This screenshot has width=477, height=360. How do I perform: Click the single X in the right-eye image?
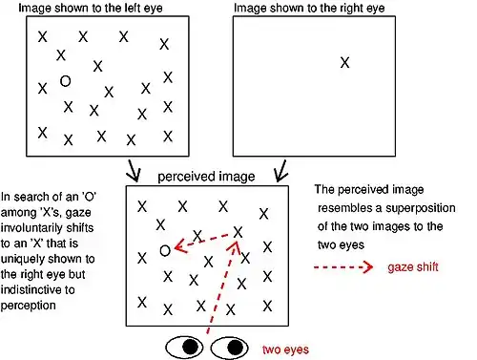[x=345, y=62]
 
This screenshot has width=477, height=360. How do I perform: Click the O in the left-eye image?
[x=65, y=82]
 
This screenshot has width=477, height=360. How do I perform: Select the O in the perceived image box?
[x=165, y=250]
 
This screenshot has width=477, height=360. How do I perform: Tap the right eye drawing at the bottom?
[x=229, y=345]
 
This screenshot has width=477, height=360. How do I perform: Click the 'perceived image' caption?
[x=200, y=177]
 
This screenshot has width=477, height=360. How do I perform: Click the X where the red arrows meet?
[x=238, y=231]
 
